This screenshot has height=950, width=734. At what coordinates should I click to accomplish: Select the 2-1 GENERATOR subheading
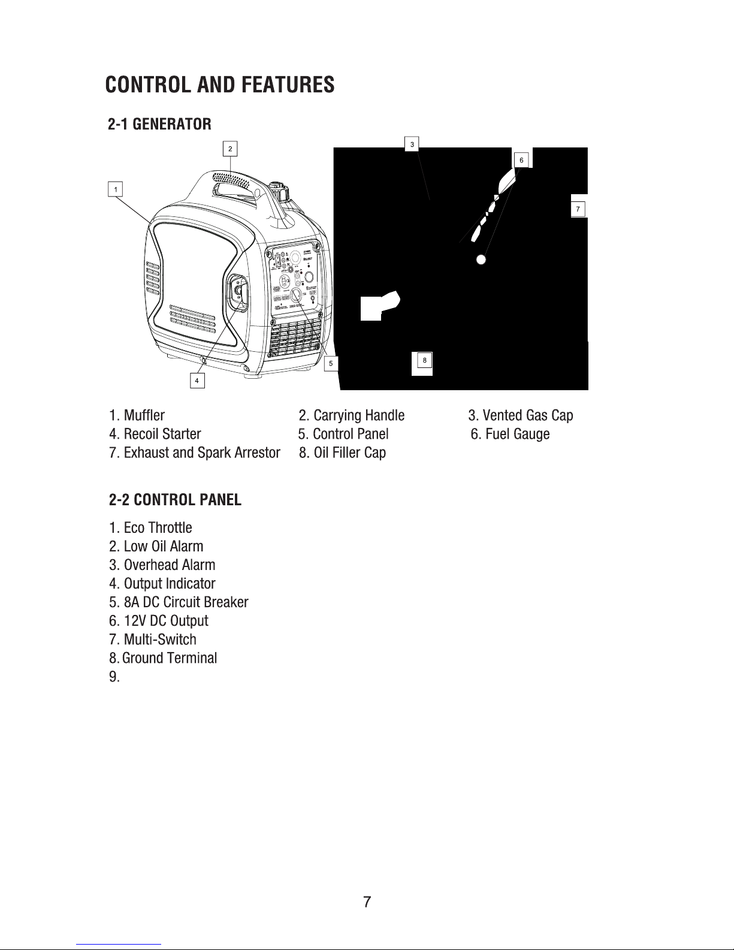159,125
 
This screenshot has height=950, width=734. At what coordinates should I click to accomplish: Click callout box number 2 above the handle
230,148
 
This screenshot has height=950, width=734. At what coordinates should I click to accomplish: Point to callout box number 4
197,381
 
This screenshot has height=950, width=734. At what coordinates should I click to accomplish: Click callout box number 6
521,160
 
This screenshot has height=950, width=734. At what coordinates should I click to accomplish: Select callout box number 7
578,209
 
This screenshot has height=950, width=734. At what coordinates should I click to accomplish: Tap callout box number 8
424,360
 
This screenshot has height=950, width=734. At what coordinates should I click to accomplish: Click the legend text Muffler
144,415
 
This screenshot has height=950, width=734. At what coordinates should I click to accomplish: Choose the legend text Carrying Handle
358,415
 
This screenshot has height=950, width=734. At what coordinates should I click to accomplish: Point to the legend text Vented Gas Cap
527,415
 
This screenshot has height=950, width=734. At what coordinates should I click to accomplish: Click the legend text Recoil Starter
162,434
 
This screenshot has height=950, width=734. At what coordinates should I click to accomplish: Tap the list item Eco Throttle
158,528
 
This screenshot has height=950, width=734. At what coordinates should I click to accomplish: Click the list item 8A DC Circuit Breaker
186,602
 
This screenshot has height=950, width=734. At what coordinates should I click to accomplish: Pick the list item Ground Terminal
169,658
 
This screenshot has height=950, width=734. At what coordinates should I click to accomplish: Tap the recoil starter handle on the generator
238,292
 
